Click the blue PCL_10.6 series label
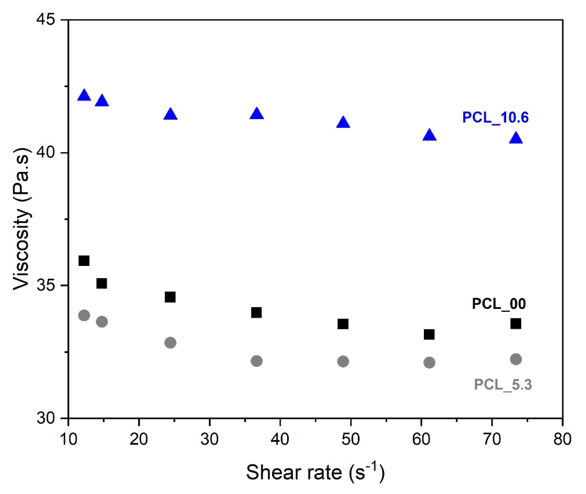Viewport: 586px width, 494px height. click(495, 117)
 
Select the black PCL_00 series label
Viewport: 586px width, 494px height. click(499, 304)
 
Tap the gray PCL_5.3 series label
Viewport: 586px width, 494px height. click(503, 384)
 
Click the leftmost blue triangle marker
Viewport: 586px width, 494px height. click(84, 96)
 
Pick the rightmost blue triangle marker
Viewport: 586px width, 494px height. click(516, 138)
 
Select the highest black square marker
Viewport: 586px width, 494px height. click(84, 261)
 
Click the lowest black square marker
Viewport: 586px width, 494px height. click(429, 334)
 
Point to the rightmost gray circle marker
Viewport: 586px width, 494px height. click(516, 359)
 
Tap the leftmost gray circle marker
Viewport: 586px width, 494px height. click(84, 315)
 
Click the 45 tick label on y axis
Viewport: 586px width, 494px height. click(46, 20)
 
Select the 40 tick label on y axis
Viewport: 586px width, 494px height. click(46, 153)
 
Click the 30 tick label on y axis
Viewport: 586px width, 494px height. click(46, 418)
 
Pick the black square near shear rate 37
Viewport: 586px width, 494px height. click(256, 313)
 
